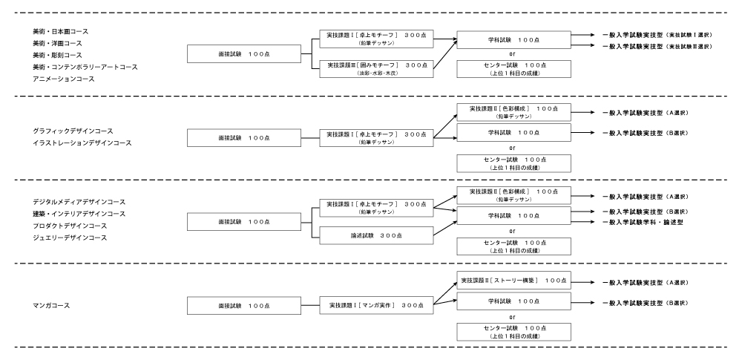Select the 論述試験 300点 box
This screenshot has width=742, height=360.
[x=377, y=235]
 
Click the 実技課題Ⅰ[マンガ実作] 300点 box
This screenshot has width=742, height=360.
[x=377, y=305]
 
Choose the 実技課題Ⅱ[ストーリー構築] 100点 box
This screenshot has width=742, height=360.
[x=513, y=281]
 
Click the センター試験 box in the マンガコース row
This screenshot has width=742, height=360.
[x=513, y=330]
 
